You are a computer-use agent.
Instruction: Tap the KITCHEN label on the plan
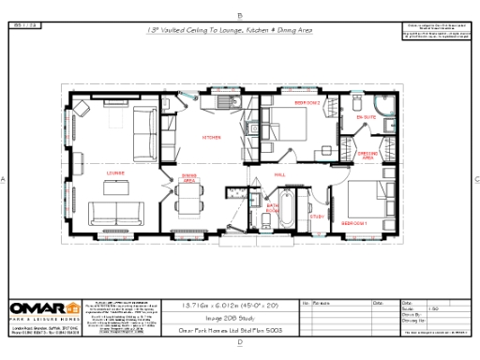point(212,138)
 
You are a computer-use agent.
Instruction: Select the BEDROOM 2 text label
point(307,101)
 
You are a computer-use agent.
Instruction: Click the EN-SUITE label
point(368,116)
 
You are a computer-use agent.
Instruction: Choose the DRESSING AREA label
point(368,157)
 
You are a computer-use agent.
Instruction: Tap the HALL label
point(279,174)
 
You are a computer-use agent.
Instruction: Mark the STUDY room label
point(317,217)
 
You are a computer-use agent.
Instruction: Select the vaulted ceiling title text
point(230,30)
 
